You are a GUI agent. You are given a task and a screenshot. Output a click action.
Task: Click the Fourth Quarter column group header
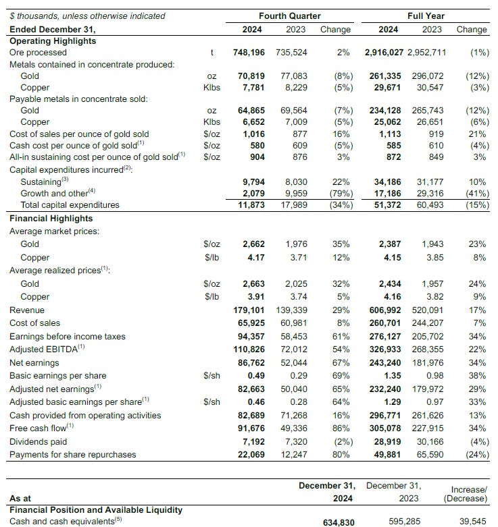(290, 16)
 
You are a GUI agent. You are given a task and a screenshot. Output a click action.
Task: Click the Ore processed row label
(38, 52)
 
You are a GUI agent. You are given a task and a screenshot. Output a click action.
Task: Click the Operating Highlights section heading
(53, 40)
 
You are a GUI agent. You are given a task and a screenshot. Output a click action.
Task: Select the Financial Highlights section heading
(51, 218)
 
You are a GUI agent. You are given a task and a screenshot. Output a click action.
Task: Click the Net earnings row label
(33, 362)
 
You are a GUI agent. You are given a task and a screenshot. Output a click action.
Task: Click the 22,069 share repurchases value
(253, 454)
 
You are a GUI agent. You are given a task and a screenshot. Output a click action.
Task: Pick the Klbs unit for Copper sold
(212, 122)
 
